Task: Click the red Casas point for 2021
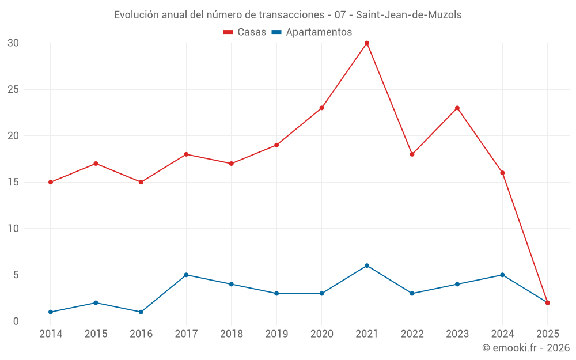pos(367,43)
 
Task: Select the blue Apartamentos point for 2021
pos(367,266)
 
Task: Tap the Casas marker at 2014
pos(51,182)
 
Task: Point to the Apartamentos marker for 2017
pos(186,275)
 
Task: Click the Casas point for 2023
pos(457,108)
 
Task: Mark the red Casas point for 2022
pos(412,154)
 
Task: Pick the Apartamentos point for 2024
pos(502,275)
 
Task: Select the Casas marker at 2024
pos(502,173)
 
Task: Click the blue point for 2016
pos(141,312)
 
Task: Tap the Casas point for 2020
pos(321,108)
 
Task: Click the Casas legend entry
pos(245,32)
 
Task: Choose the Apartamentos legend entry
pos(311,32)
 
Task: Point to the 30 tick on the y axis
pos(13,43)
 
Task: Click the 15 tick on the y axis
pos(13,182)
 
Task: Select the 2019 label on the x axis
pos(276,334)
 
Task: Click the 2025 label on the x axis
pos(547,334)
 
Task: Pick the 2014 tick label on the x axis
pos(51,334)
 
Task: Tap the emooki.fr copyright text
pos(526,348)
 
